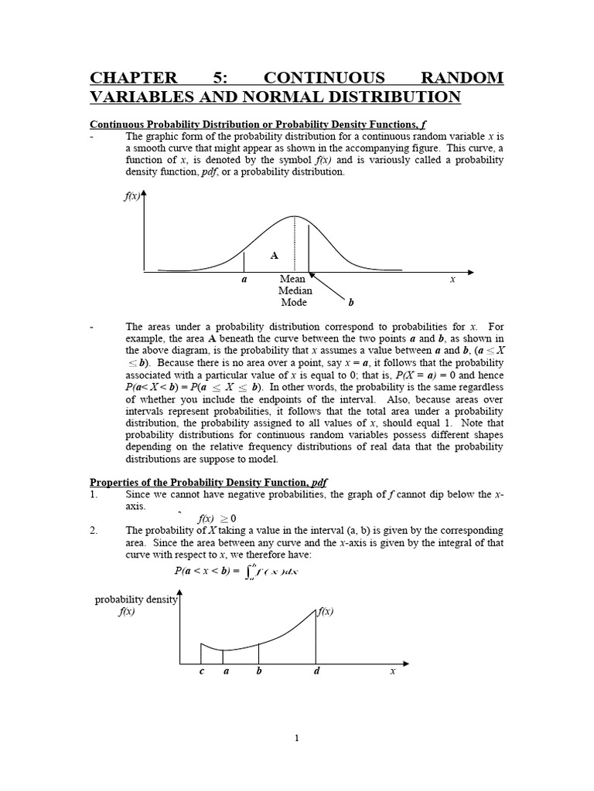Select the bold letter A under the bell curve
pyautogui.click(x=273, y=254)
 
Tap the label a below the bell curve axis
pyautogui.click(x=244, y=280)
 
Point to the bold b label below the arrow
pyautogui.click(x=350, y=303)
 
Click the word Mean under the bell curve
pyautogui.click(x=292, y=279)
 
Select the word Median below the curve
pyautogui.click(x=295, y=291)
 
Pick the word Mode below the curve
pyautogui.click(x=293, y=303)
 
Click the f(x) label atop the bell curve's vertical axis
pyautogui.click(x=132, y=197)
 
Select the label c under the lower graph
pyautogui.click(x=201, y=671)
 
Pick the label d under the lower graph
pyautogui.click(x=316, y=671)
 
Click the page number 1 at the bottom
pyautogui.click(x=296, y=738)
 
